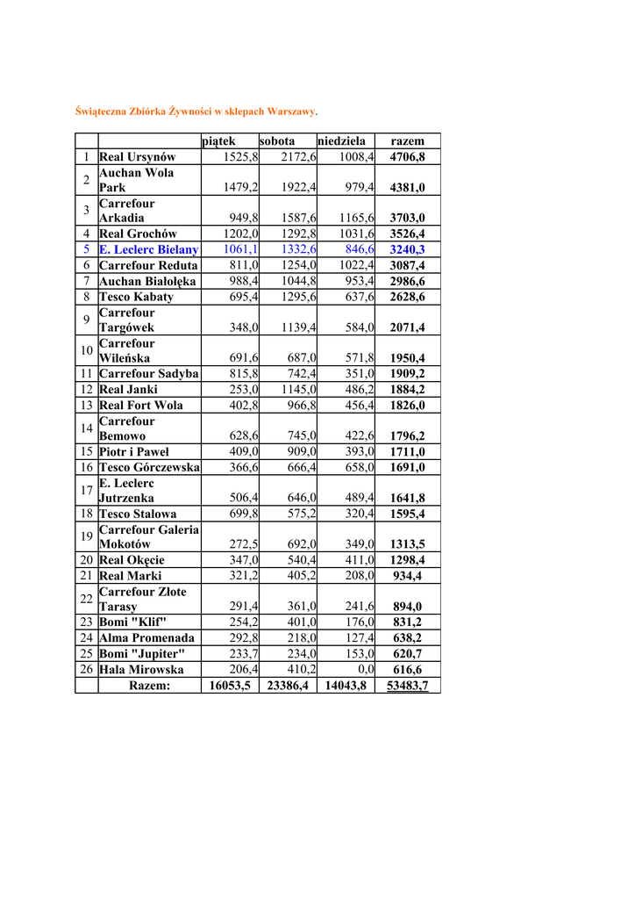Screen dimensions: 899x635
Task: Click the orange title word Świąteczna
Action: [103, 112]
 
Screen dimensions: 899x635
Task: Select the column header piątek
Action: [219, 141]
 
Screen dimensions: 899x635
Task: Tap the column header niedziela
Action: [342, 141]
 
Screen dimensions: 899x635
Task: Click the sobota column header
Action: [277, 141]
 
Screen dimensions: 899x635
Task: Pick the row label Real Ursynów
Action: [138, 157]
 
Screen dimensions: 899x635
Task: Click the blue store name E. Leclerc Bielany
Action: [149, 250]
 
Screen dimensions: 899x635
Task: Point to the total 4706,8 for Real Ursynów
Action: [407, 157]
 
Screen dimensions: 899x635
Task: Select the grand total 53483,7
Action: [407, 686]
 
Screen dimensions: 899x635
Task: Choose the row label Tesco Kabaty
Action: [137, 297]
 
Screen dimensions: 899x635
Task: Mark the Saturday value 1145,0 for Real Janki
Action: [299, 390]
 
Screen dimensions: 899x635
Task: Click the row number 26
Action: [87, 670]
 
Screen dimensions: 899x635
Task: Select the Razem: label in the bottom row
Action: [149, 686]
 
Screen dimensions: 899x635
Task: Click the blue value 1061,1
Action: [240, 250]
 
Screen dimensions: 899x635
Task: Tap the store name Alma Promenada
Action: [146, 638]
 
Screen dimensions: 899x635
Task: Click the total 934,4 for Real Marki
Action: [408, 576]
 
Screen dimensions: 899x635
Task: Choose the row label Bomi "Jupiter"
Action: [142, 654]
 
